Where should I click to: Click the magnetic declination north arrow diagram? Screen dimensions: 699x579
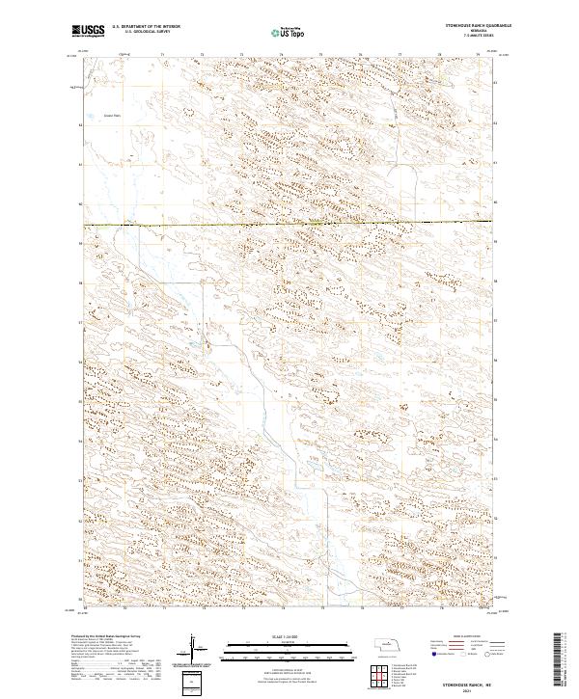194,649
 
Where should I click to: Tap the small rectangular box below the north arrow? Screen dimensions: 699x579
194,681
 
